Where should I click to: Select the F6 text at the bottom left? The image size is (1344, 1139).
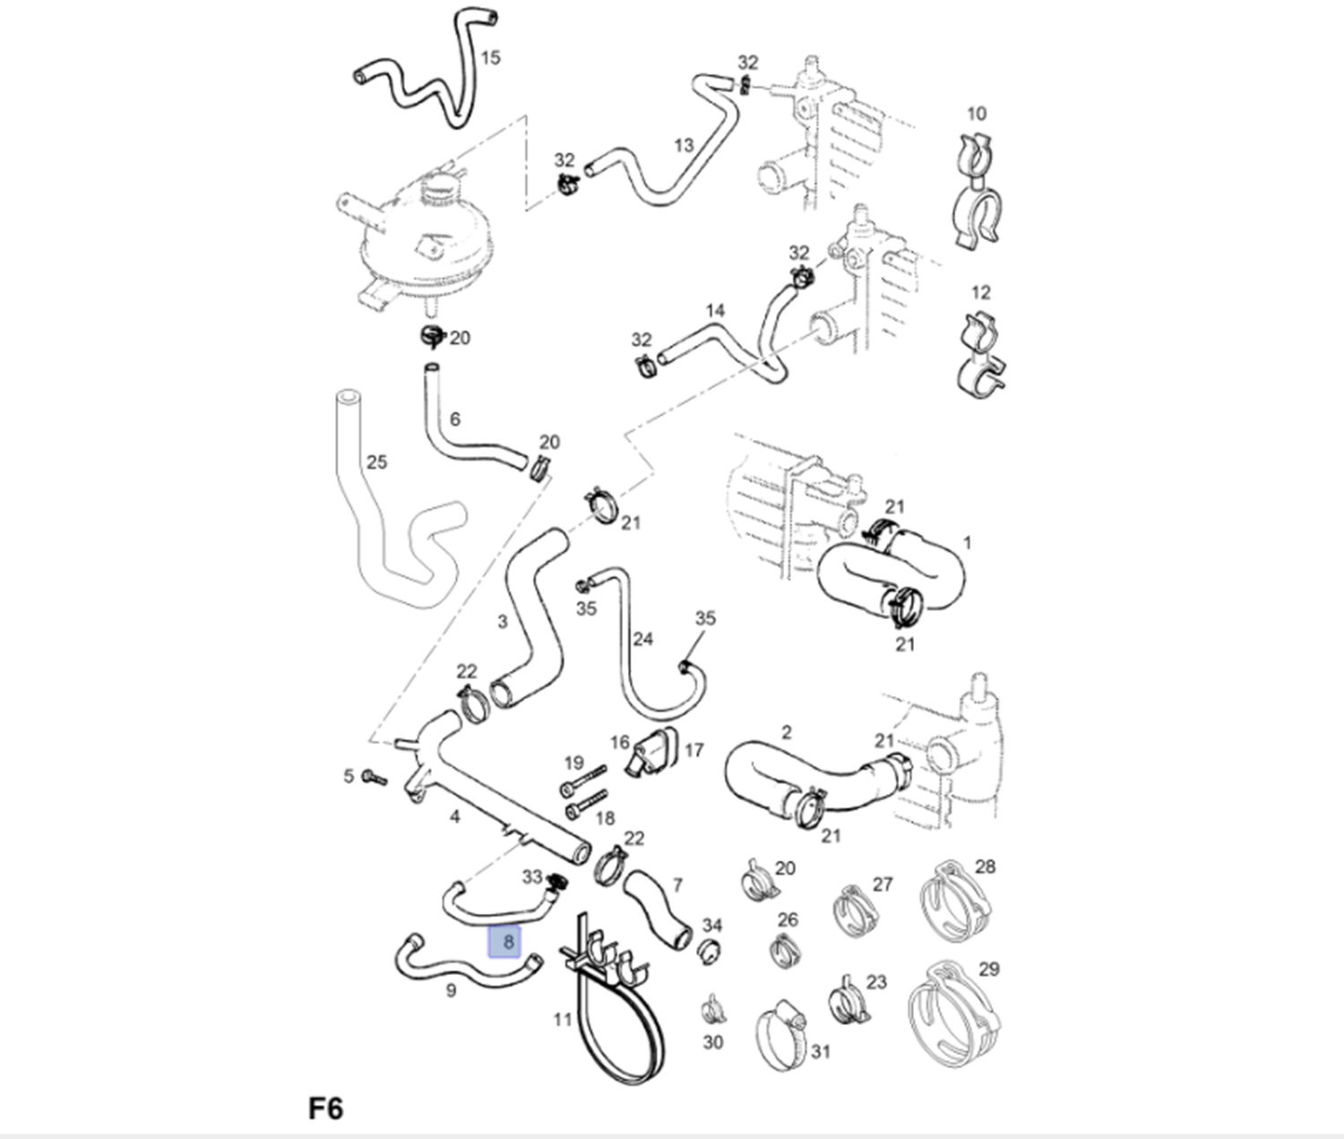click(325, 1109)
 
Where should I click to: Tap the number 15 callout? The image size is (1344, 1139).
click(490, 58)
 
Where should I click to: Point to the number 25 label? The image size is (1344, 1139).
click(376, 462)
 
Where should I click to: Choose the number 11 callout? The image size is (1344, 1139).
click(562, 1020)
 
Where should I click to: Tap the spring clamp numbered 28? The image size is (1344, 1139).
click(955, 902)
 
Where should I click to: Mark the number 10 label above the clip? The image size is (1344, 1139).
click(977, 114)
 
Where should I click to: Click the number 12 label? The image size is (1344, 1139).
click(980, 293)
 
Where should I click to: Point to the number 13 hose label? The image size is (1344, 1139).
click(684, 145)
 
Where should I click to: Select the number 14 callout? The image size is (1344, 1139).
click(715, 311)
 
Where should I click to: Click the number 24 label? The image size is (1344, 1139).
click(642, 639)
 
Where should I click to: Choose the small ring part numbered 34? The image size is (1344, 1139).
click(709, 951)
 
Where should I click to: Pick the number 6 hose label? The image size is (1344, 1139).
click(454, 419)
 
